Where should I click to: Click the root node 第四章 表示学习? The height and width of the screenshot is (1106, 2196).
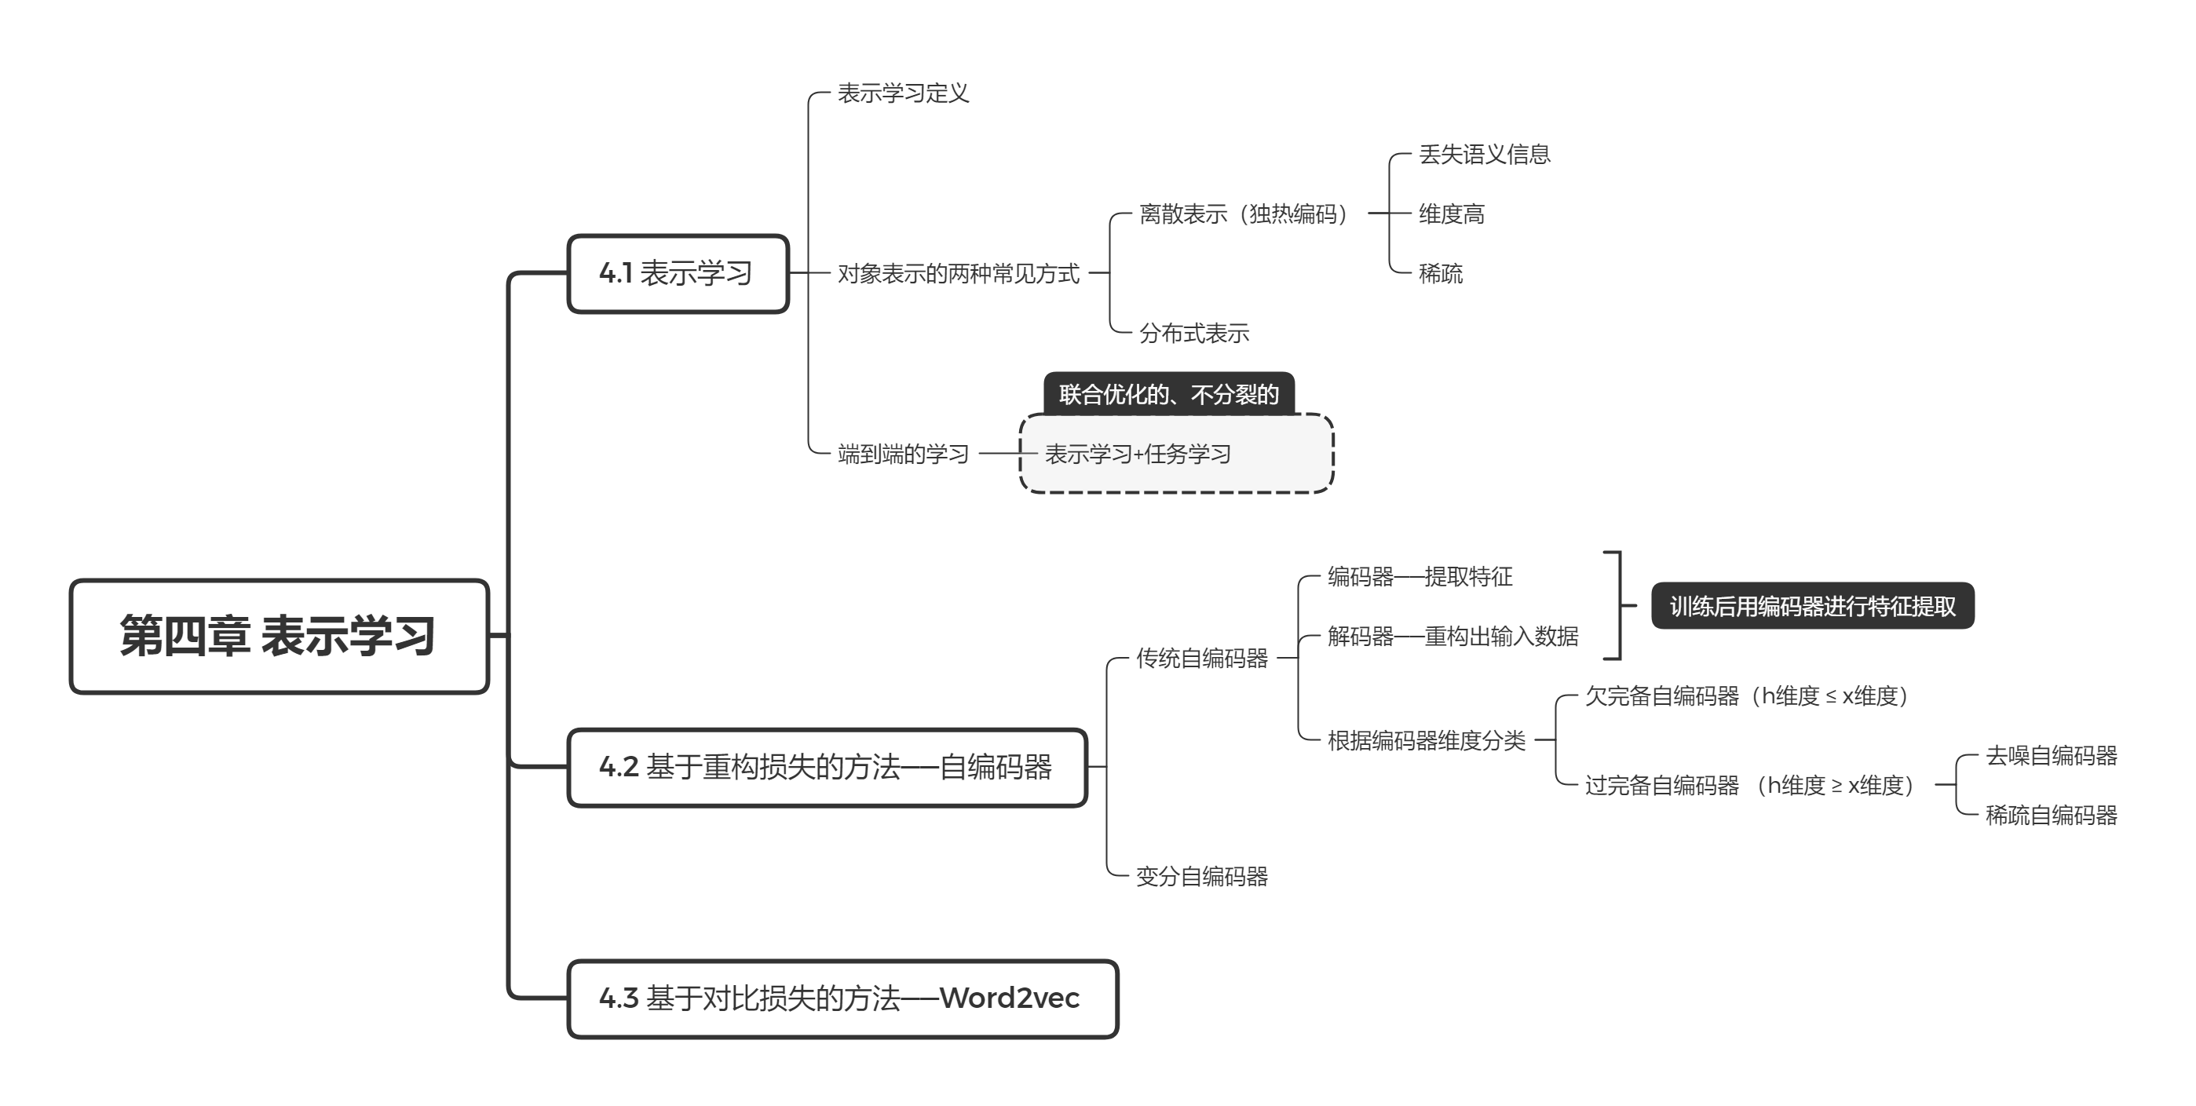point(279,637)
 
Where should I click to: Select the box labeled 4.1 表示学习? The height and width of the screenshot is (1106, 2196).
point(677,273)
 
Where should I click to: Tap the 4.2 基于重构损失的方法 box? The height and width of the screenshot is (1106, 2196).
point(826,767)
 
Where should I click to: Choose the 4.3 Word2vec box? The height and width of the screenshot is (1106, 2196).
point(842,998)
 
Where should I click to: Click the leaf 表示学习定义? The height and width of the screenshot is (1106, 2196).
point(903,93)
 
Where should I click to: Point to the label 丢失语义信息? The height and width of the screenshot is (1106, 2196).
point(1483,154)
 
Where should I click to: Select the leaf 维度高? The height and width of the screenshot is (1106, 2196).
point(1451,214)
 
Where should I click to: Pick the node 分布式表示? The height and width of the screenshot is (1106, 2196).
point(1193,333)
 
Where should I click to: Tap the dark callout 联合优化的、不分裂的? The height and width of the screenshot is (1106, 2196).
point(1169,394)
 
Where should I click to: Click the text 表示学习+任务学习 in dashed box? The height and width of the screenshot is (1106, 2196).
point(1137,454)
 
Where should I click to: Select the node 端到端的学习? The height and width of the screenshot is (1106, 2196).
point(903,454)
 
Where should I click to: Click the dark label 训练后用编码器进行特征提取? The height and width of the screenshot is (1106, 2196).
point(1812,606)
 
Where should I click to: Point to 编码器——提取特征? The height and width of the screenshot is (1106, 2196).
point(1420,577)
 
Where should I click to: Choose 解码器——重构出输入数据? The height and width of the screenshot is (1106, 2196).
point(1452,637)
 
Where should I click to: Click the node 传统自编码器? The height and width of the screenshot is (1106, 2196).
point(1201,658)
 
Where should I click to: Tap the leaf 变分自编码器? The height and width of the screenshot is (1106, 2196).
point(1201,876)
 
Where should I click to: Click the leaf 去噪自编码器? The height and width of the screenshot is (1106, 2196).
point(2051,756)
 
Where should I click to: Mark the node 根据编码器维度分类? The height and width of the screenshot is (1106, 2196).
point(1427,740)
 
